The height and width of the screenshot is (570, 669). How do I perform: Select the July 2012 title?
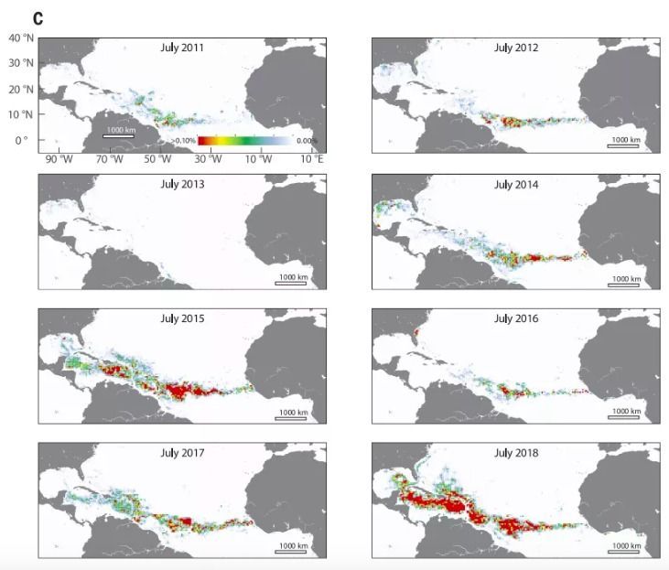pyautogui.click(x=516, y=48)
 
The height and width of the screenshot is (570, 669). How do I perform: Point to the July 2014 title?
pyautogui.click(x=516, y=183)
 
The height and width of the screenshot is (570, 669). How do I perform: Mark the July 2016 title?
pyautogui.click(x=516, y=318)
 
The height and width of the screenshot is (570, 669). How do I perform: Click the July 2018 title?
pyautogui.click(x=516, y=453)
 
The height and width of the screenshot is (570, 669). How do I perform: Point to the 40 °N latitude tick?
pyautogui.click(x=21, y=38)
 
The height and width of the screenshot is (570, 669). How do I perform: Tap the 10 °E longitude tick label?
pyautogui.click(x=312, y=159)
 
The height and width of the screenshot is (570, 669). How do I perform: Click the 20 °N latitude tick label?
pyautogui.click(x=21, y=90)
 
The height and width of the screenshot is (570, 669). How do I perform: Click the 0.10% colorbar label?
pyautogui.click(x=184, y=141)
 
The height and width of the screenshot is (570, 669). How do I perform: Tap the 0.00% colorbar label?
pyautogui.click(x=307, y=141)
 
